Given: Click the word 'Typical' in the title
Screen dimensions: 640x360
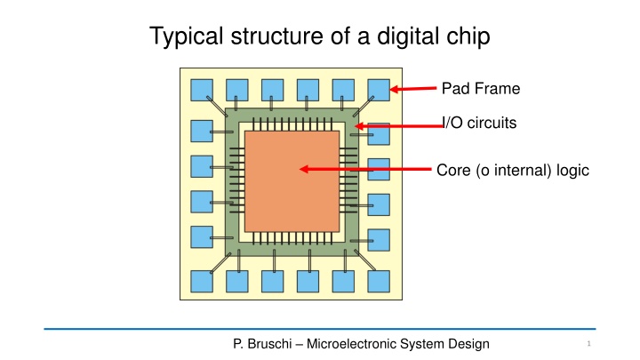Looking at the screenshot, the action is pyautogui.click(x=187, y=36).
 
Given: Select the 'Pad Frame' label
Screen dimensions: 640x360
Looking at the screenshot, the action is pyautogui.click(x=481, y=89).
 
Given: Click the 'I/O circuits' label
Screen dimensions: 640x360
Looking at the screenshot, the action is pyautogui.click(x=480, y=123).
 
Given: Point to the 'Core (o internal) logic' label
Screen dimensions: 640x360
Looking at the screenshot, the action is pyautogui.click(x=513, y=170).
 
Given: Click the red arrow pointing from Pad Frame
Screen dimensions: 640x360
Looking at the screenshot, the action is pyautogui.click(x=413, y=89).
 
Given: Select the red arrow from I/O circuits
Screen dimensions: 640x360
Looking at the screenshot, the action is pyautogui.click(x=399, y=126).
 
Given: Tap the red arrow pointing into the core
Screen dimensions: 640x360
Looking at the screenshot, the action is pyautogui.click(x=365, y=169).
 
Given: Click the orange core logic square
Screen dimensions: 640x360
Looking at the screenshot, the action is pyautogui.click(x=292, y=181).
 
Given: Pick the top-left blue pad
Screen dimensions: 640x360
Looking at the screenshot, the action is pyautogui.click(x=202, y=90).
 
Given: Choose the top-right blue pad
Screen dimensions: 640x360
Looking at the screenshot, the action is pyautogui.click(x=379, y=90).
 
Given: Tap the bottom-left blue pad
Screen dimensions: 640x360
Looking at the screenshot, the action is pyautogui.click(x=202, y=281).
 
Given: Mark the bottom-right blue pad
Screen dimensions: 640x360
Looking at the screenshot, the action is pyautogui.click(x=379, y=281).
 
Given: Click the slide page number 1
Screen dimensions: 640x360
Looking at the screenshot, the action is pyautogui.click(x=588, y=344).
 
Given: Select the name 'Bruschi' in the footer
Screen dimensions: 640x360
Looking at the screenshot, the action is pyautogui.click(x=270, y=344).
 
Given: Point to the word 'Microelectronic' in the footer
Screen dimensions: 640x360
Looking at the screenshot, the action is pyautogui.click(x=351, y=344).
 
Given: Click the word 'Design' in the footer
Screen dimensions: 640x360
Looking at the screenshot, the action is pyautogui.click(x=468, y=344).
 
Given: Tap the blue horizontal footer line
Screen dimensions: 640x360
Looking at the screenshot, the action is pyautogui.click(x=320, y=329).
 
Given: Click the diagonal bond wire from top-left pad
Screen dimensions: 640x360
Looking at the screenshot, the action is pyautogui.click(x=217, y=107).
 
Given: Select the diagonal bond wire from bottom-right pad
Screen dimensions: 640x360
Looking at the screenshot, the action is pyautogui.click(x=365, y=260).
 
